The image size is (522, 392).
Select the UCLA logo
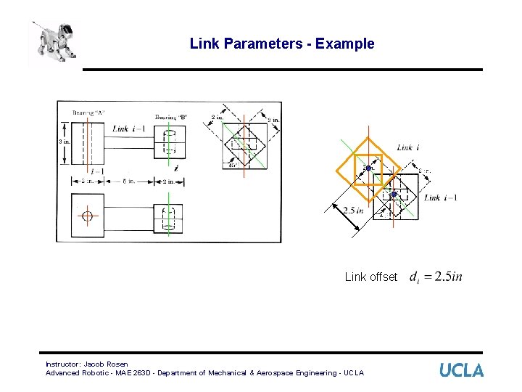[x=461, y=369]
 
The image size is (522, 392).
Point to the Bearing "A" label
[x=88, y=113]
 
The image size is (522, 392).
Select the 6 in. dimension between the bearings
[x=127, y=181]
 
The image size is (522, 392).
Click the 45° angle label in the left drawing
[x=232, y=164]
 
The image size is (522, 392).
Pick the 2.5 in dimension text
[x=353, y=211]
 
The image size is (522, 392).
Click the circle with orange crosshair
[x=88, y=216]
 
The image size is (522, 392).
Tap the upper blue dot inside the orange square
[x=368, y=168]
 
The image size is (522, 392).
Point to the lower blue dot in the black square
[x=394, y=195]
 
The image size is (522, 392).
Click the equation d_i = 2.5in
[x=436, y=277]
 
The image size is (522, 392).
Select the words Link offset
[x=371, y=277]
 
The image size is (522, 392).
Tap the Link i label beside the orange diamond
[x=408, y=148]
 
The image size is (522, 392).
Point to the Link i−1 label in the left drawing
[x=130, y=128]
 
